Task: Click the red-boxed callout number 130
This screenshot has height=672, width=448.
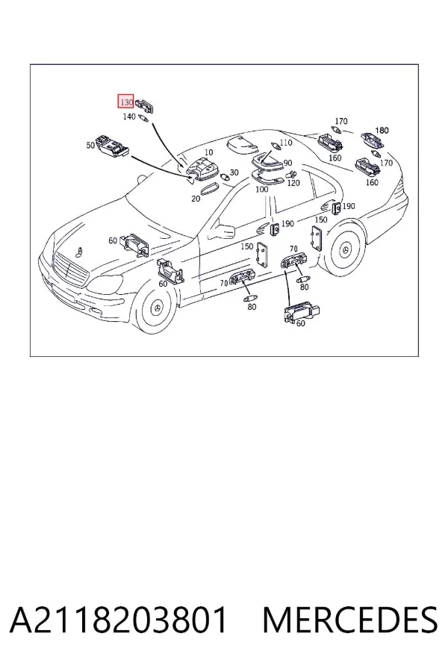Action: click(126, 102)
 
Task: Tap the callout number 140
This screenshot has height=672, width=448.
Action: click(129, 116)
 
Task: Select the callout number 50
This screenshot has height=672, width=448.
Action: click(90, 146)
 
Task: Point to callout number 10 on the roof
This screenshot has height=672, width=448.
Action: click(208, 152)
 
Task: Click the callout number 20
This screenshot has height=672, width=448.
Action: click(196, 199)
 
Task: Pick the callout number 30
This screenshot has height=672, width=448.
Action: click(234, 172)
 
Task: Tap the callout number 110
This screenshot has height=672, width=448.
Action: click(285, 143)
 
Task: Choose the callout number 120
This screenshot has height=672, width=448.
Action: click(293, 183)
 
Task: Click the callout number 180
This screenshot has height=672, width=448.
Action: click(382, 130)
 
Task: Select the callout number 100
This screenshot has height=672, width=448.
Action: click(261, 189)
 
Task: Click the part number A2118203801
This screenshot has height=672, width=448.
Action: click(118, 620)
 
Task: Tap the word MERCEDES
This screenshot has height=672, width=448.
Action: click(350, 620)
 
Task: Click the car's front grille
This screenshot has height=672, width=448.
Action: click(69, 271)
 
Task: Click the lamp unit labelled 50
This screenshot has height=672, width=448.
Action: click(112, 146)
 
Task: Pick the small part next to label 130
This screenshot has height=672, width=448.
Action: click(145, 104)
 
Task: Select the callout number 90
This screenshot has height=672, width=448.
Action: click(287, 163)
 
